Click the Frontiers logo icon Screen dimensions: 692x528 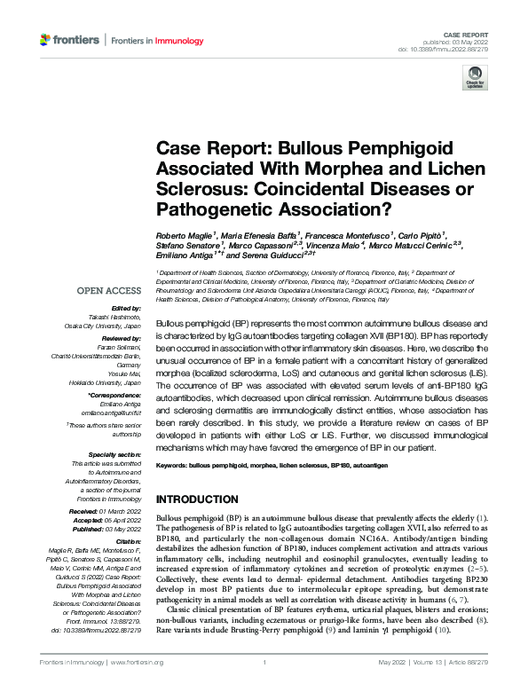point(45,41)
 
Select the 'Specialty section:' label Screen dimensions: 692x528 point(115,452)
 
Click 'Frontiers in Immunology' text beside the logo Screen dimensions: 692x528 point(155,41)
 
